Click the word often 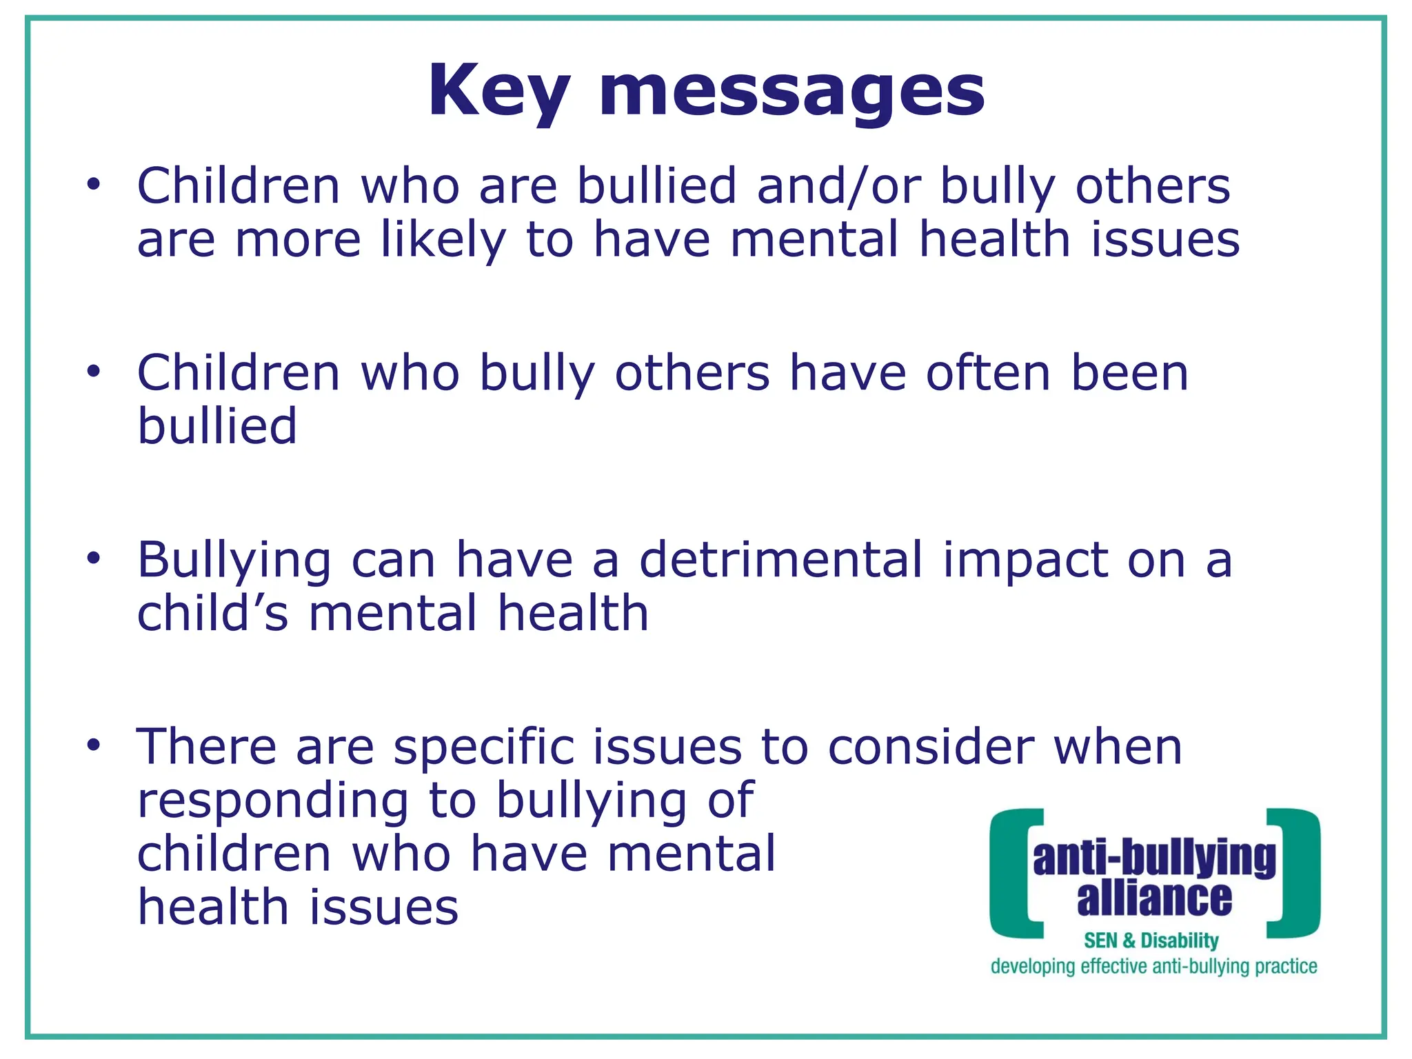pyautogui.click(x=988, y=373)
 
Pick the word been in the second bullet pyautogui.click(x=1129, y=373)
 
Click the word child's pyautogui.click(x=212, y=613)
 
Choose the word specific pyautogui.click(x=484, y=747)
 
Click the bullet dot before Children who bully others pyautogui.click(x=94, y=371)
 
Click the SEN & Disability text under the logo pyautogui.click(x=1151, y=940)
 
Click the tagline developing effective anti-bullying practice pyautogui.click(x=1153, y=967)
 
